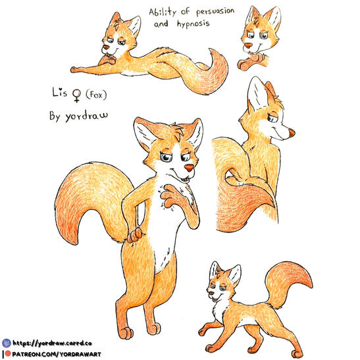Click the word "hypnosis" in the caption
pyautogui.click(x=193, y=24)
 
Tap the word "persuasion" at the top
pyautogui.click(x=215, y=11)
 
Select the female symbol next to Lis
pyautogui.click(x=77, y=95)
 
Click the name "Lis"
pyautogui.click(x=59, y=92)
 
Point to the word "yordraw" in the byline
pyautogui.click(x=87, y=116)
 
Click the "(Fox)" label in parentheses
pyautogui.click(x=96, y=95)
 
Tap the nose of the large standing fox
pyautogui.click(x=189, y=168)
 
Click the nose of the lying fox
pyautogui.click(x=105, y=47)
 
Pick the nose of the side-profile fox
pyautogui.click(x=292, y=132)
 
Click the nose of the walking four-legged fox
pyautogui.click(x=211, y=293)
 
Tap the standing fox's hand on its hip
pyautogui.click(x=135, y=236)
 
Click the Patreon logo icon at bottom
pyautogui.click(x=8, y=353)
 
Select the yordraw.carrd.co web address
pyautogui.click(x=52, y=344)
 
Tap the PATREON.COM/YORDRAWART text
pyautogui.click(x=57, y=354)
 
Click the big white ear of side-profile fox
pyautogui.click(x=258, y=95)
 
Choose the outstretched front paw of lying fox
pyautogui.click(x=74, y=69)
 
